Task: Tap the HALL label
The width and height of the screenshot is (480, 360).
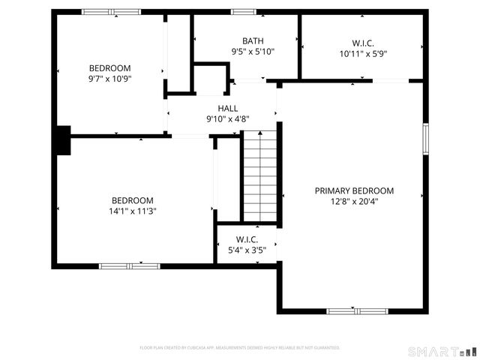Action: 228,109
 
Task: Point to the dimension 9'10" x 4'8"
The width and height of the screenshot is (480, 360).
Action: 228,119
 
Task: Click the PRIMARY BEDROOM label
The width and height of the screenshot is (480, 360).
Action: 354,191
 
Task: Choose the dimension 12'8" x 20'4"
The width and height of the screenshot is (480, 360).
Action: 354,202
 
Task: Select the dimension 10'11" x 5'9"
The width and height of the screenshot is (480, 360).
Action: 363,54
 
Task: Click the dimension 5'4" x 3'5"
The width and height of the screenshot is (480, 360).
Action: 246,250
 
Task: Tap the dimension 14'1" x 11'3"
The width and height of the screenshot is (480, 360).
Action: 133,211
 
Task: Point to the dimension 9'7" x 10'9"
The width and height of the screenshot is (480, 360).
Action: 110,77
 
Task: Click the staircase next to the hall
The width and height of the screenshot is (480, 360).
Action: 260,176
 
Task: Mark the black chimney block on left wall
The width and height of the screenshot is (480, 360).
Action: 62,140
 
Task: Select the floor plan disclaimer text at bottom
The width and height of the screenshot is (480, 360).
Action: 240,348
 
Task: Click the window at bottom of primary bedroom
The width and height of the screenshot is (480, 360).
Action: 357,310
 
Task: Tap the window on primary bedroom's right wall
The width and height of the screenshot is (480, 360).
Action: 424,139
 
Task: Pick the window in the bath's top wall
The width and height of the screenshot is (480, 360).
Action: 243,12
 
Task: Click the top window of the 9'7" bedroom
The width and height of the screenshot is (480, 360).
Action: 110,12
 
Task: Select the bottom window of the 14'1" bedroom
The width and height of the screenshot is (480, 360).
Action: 130,265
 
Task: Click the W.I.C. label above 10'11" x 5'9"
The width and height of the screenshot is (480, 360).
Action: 363,43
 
